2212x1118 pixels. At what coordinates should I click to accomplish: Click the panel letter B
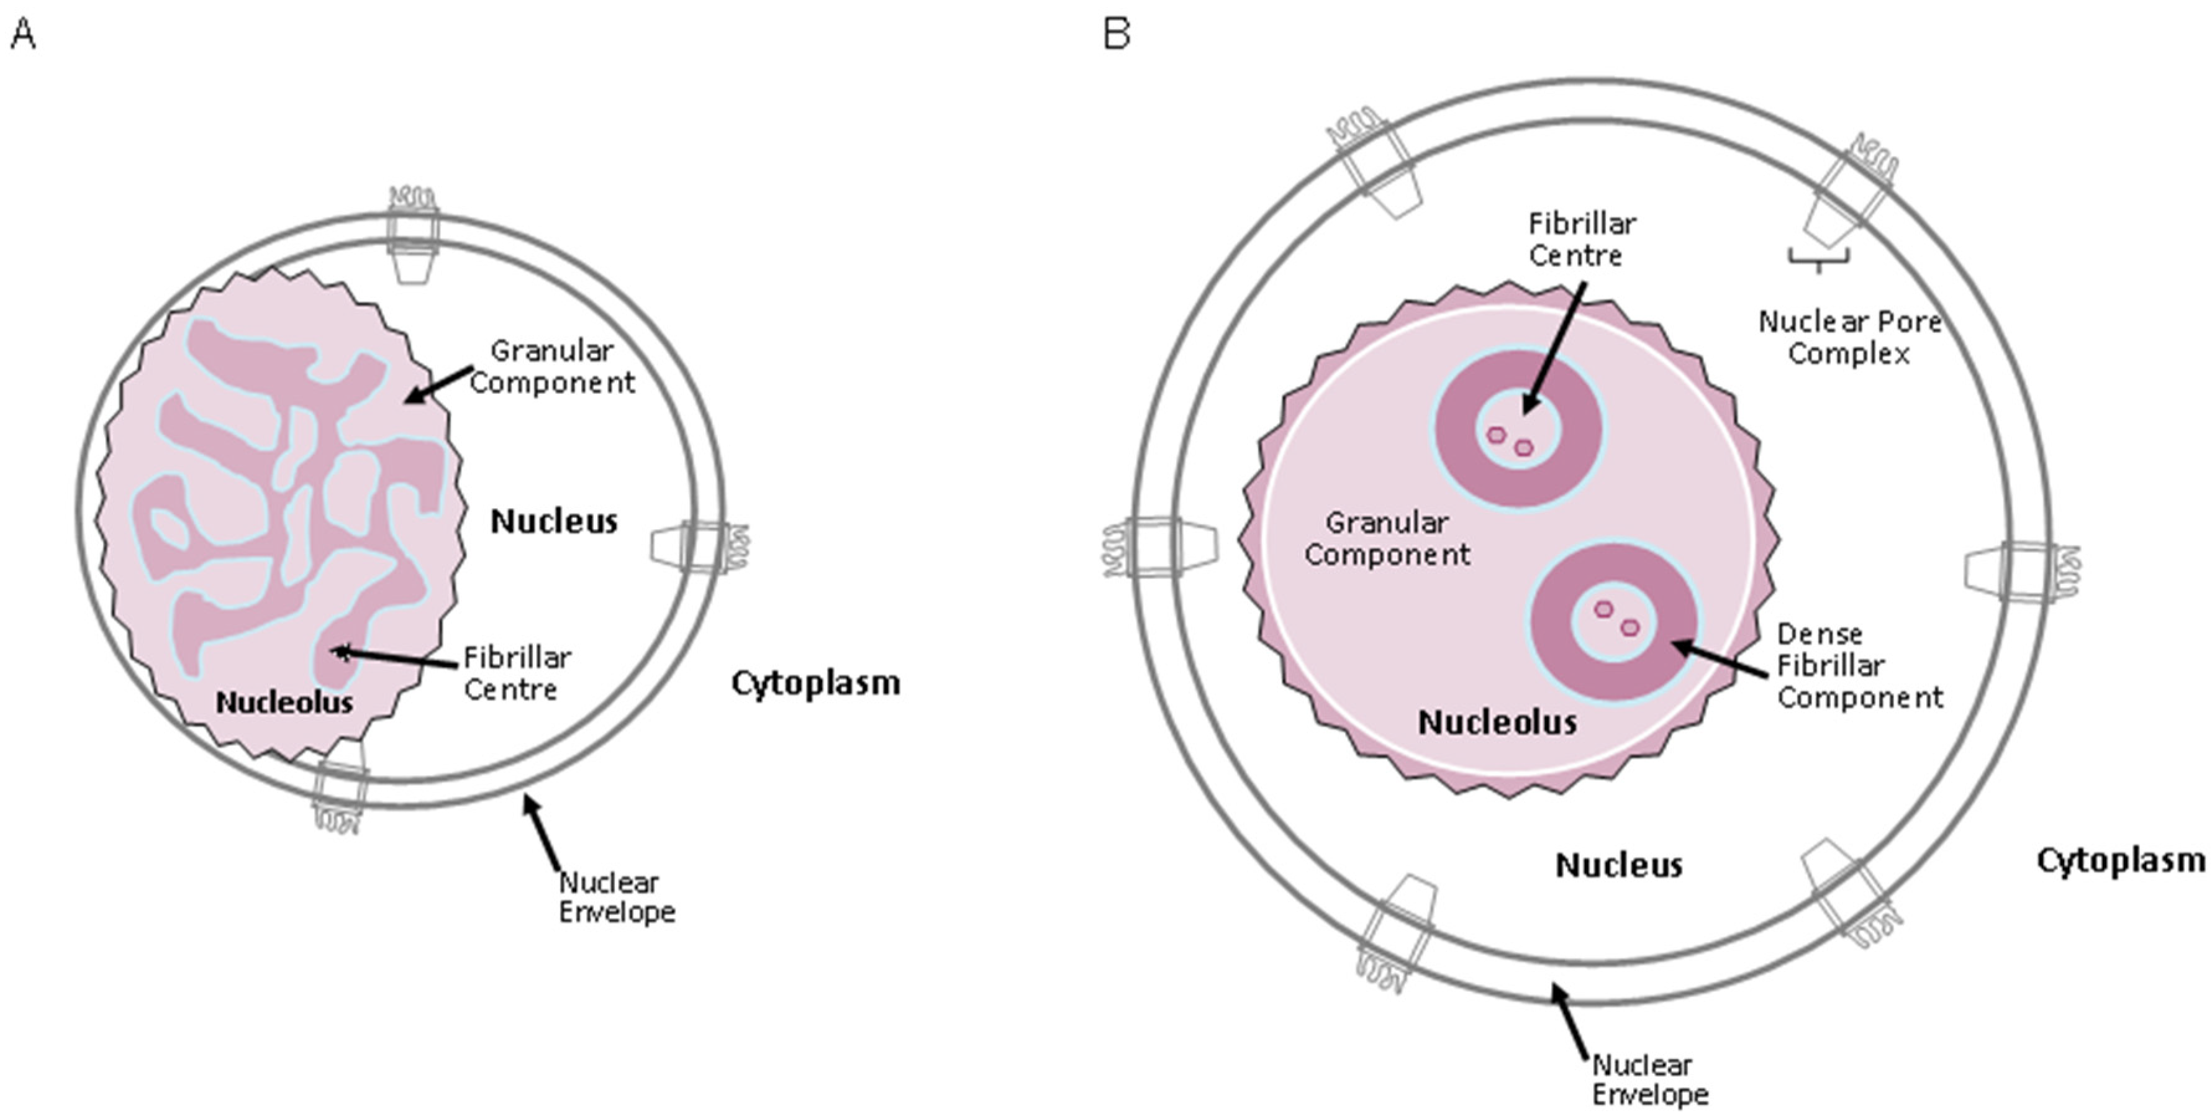tap(1117, 34)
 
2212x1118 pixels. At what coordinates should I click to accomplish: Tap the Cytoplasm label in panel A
tap(815, 683)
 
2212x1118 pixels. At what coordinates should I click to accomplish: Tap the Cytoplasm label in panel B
tap(2120, 860)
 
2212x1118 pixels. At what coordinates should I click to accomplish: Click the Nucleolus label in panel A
tap(284, 702)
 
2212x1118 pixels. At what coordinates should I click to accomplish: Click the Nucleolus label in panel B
tap(1497, 723)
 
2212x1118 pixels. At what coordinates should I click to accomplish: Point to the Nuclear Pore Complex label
tap(1849, 337)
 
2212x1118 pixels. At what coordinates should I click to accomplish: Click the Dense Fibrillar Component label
tap(1859, 665)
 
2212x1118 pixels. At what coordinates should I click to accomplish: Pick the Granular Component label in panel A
tap(552, 366)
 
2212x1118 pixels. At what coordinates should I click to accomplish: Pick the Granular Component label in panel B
tap(1387, 539)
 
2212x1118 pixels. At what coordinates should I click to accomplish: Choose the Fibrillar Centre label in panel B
tap(1582, 240)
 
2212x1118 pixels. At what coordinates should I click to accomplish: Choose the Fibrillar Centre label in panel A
tap(517, 673)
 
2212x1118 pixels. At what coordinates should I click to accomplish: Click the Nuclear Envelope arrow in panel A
tap(543, 833)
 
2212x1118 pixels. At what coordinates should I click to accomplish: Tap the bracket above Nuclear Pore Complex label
tap(1819, 258)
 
